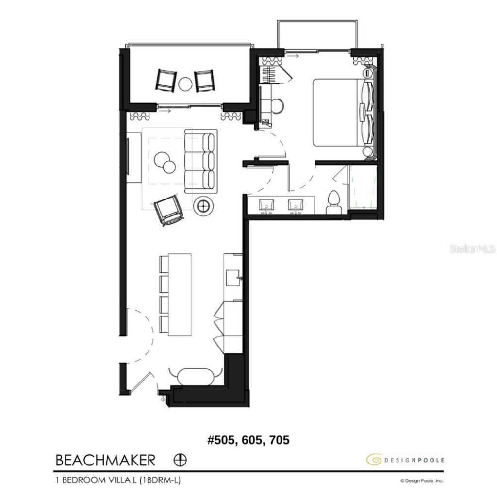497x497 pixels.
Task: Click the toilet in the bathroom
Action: point(333,202)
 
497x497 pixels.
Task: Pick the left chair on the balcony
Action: point(166,80)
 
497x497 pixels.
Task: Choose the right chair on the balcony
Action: point(205,81)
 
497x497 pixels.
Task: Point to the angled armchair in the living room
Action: point(168,210)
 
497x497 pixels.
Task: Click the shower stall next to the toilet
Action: point(363,188)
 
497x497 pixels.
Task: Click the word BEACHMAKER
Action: point(105,459)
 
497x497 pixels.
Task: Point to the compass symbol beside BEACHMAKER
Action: point(180,459)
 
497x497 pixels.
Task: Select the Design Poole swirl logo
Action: point(373,459)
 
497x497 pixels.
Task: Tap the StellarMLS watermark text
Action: point(472,249)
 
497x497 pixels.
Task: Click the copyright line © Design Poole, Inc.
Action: point(421,481)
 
